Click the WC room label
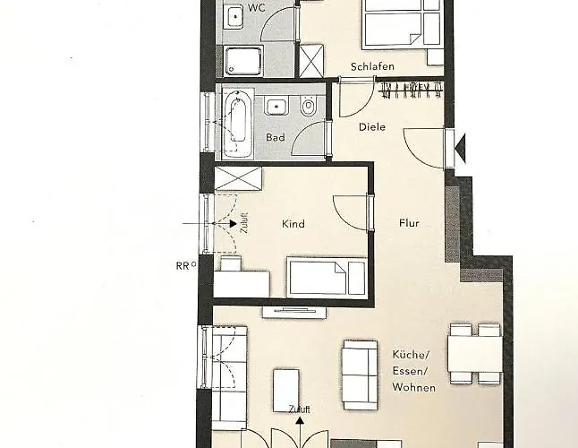(x=257, y=8)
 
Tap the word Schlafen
(x=372, y=66)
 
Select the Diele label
(x=372, y=127)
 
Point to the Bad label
(x=276, y=137)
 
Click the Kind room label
(x=293, y=224)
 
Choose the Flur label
(x=409, y=223)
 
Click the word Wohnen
(x=413, y=387)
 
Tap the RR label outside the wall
(x=183, y=266)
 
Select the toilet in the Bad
(x=308, y=106)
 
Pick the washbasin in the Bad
(x=276, y=107)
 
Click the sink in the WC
(x=234, y=15)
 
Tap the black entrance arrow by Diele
(x=460, y=149)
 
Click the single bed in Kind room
(x=327, y=278)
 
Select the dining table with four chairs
(x=475, y=354)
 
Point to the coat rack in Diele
(x=411, y=90)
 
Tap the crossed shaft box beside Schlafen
(x=311, y=61)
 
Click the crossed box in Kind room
(x=238, y=178)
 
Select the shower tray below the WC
(x=243, y=61)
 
